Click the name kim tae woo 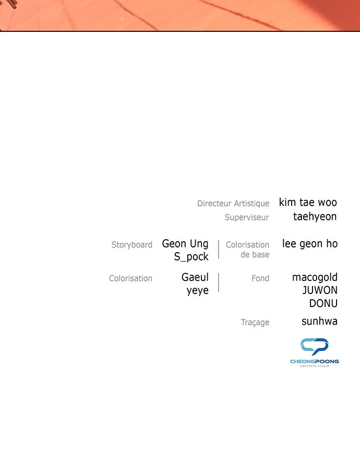(308, 203)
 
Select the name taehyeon (315, 217)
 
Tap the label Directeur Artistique (233, 203)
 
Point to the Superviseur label (247, 217)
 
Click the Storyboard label (132, 245)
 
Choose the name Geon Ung (185, 244)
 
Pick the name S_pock (191, 257)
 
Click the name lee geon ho (310, 244)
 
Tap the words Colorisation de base (247, 250)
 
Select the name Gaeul (195, 277)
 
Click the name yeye (198, 291)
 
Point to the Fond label (260, 278)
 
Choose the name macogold (315, 278)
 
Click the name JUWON (320, 290)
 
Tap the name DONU (323, 303)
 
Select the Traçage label (255, 322)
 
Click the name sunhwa (319, 322)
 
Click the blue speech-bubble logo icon (314, 347)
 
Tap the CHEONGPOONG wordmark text (315, 361)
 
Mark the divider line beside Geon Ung (219, 250)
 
